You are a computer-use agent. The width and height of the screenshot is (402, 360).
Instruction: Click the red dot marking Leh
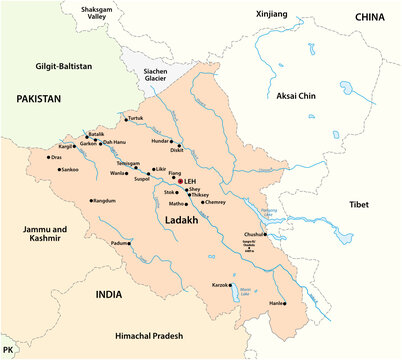coord(180,181)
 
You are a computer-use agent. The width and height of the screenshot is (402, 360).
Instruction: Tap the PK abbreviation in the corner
coord(9,351)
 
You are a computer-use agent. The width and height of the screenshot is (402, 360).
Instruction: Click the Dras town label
coord(56,157)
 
